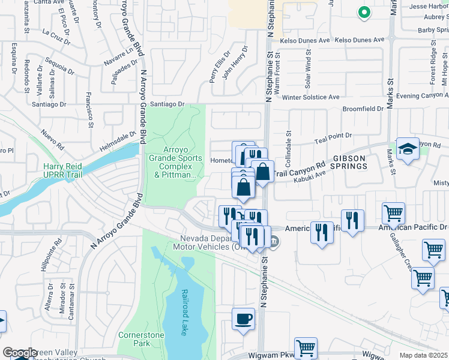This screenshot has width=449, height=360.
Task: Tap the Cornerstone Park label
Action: coord(133,339)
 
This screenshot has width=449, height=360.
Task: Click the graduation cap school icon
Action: coord(408,150)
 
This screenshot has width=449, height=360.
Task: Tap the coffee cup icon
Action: coord(244,319)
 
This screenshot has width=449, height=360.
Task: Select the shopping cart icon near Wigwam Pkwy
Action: coord(306,347)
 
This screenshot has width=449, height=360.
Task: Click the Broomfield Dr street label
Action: coord(363,109)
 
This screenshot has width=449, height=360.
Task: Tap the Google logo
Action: coord(20,353)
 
